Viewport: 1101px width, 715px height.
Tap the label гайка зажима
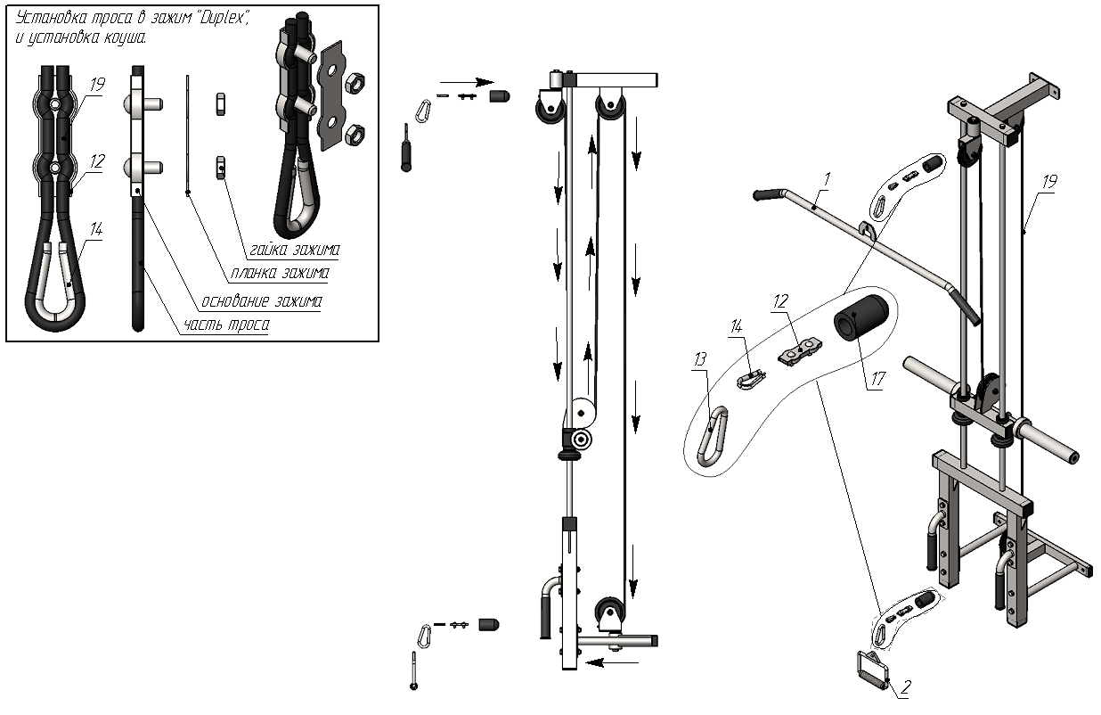[x=295, y=250]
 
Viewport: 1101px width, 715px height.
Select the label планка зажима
[x=280, y=273]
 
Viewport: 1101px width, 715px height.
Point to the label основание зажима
[x=262, y=300]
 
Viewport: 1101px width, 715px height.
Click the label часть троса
[x=226, y=325]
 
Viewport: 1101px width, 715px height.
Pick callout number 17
[x=877, y=379]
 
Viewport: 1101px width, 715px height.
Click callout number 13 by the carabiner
[x=699, y=359]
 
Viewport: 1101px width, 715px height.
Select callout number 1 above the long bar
[x=827, y=179]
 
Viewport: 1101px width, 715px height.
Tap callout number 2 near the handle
[x=906, y=687]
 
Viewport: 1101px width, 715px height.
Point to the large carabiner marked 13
[x=713, y=436]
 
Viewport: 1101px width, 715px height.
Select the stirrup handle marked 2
[x=872, y=670]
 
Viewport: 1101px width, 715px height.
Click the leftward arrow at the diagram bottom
[x=612, y=662]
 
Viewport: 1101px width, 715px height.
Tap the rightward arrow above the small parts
[x=467, y=82]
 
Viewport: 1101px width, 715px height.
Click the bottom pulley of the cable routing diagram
[x=609, y=611]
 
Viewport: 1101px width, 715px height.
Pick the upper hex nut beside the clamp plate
[x=355, y=82]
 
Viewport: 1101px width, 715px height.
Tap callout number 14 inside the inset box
[x=96, y=229]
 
